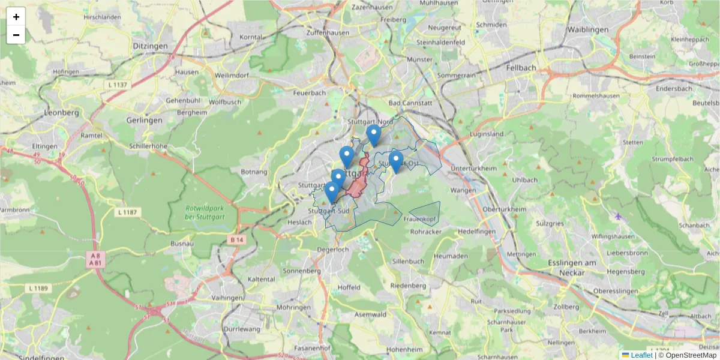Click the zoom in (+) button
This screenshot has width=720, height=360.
point(16,17)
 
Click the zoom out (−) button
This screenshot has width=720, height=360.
point(16,35)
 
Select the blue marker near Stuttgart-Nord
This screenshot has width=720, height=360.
point(374,134)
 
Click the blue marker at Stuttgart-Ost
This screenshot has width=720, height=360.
point(395,160)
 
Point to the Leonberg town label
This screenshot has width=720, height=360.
point(62,112)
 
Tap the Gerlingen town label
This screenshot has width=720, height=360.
point(145,120)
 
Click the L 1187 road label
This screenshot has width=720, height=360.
point(128,212)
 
